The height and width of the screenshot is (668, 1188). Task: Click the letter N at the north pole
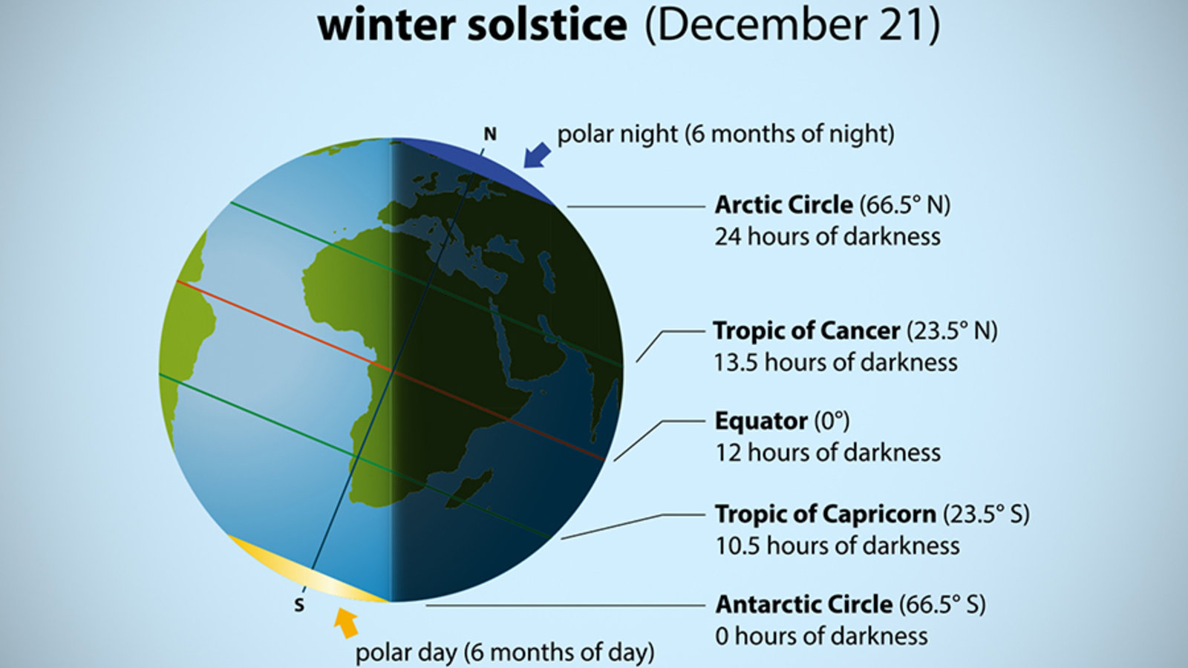[490, 134]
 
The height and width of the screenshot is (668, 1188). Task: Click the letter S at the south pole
[300, 606]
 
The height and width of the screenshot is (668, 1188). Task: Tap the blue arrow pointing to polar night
[537, 155]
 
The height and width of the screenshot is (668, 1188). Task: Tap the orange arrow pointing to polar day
[346, 623]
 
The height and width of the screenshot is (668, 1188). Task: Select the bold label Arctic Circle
[784, 205]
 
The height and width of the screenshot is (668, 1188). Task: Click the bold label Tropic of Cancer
[806, 331]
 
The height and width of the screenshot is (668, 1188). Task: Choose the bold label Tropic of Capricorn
[826, 514]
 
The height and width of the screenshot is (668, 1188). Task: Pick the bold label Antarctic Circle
[804, 604]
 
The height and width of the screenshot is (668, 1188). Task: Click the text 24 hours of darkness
[828, 237]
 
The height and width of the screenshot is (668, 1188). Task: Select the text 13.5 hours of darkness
[836, 363]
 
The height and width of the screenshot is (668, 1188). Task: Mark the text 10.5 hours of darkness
[838, 546]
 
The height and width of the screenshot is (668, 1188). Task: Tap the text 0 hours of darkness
[821, 635]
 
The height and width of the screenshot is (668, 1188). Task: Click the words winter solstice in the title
[472, 25]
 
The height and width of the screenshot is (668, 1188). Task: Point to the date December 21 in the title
[792, 25]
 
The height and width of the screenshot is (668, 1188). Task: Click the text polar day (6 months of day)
[505, 652]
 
